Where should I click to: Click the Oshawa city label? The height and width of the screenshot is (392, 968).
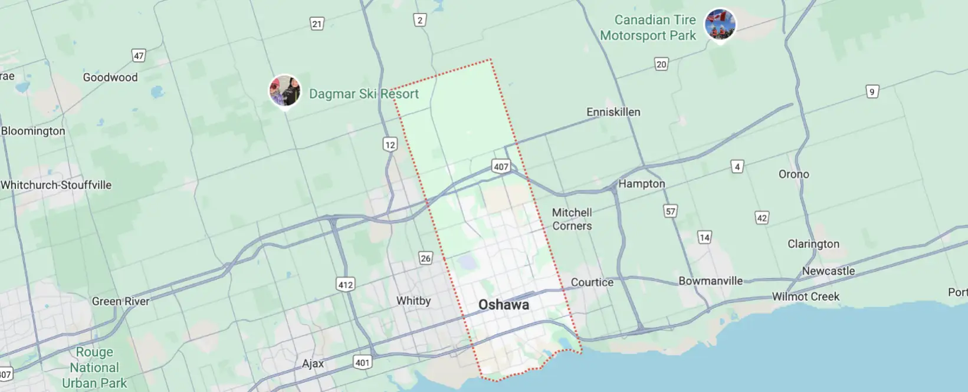(503, 305)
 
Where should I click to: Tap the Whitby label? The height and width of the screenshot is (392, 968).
(414, 301)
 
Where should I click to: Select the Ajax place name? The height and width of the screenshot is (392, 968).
(313, 364)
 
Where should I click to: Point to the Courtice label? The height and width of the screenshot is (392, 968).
(592, 282)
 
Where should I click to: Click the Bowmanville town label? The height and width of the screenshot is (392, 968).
(710, 281)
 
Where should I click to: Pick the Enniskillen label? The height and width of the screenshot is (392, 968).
(613, 112)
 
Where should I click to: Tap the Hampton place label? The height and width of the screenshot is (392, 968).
(641, 184)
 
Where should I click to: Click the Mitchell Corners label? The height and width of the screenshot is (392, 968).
(572, 219)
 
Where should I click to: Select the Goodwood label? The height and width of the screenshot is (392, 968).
(110, 77)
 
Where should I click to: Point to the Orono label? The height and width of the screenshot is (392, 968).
(793, 174)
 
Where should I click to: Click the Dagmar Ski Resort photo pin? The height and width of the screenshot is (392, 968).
(285, 91)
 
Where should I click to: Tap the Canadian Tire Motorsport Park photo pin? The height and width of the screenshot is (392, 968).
(720, 25)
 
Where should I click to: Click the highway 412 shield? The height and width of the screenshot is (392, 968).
(346, 285)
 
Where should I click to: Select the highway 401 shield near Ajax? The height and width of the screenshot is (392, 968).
(362, 362)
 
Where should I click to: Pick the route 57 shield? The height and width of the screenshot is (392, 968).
(670, 211)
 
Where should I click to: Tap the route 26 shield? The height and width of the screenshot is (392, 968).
(425, 258)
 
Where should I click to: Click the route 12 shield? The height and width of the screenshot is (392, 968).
(390, 144)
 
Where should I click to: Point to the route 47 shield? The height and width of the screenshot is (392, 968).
(139, 56)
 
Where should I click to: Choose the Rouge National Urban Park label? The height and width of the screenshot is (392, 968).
(94, 368)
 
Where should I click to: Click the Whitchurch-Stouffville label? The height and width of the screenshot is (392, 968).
(56, 185)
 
